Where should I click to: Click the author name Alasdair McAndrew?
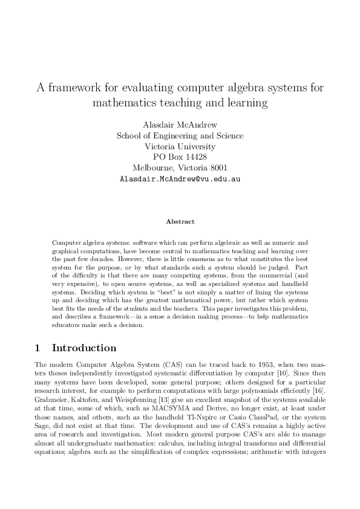[180, 125]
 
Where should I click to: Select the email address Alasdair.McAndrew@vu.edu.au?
[180, 180]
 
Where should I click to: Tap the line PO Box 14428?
[180, 157]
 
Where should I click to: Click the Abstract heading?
[180, 222]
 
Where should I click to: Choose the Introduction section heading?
[84, 348]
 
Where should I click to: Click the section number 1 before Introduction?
[38, 348]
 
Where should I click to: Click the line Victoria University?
[180, 146]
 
